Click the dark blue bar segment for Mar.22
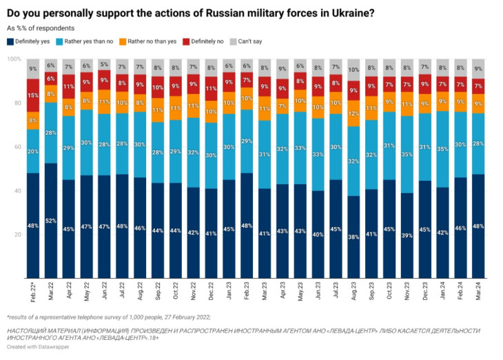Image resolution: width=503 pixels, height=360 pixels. [50, 221]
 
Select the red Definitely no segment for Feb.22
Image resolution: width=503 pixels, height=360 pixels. [32, 95]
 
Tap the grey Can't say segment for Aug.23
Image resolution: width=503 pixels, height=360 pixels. [353, 70]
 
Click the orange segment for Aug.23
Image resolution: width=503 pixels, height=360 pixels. [353, 113]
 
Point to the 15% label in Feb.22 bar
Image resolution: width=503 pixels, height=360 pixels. [32, 94]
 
